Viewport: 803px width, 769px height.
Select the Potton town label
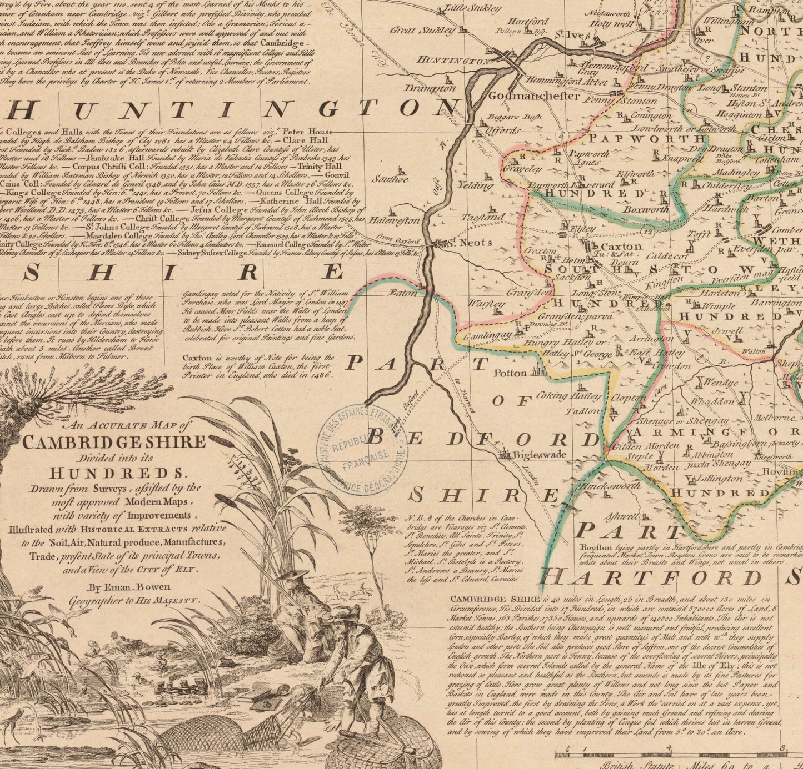tap(510, 373)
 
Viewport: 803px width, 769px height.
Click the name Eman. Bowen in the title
tap(129, 587)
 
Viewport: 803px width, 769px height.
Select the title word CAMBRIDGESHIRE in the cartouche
tap(114, 442)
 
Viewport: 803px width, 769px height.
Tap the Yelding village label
tap(475, 185)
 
